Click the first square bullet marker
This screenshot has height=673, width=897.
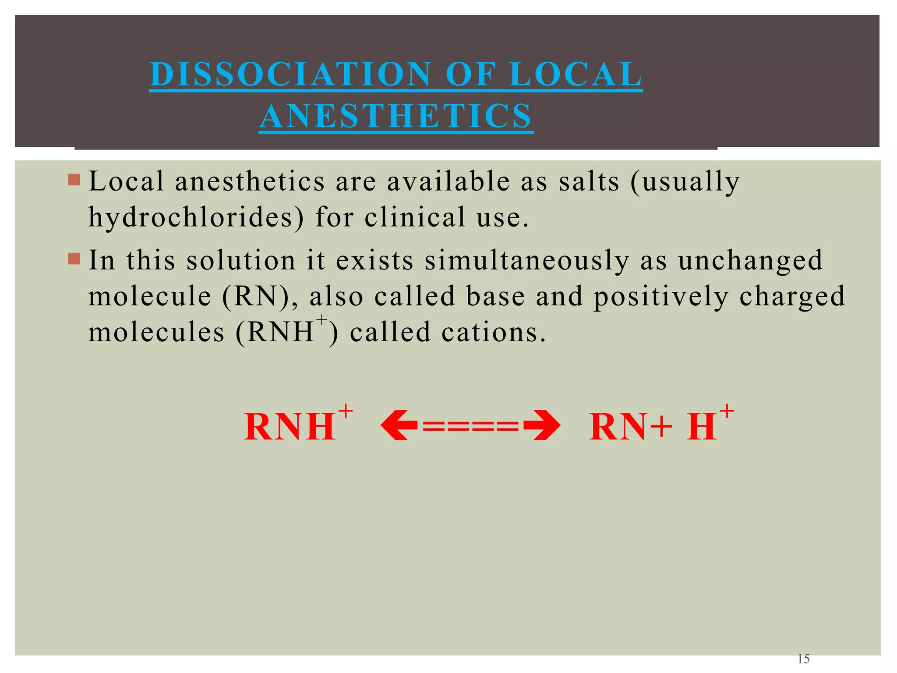point(74,179)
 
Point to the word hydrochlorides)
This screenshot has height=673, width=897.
point(196,217)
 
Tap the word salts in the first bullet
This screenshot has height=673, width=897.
point(589,181)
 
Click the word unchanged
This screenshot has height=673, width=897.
point(750,261)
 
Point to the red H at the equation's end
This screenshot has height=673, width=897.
point(701,427)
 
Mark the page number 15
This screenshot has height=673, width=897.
point(804,659)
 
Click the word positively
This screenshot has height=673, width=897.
point(660,297)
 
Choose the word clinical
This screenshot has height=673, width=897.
point(415,217)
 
